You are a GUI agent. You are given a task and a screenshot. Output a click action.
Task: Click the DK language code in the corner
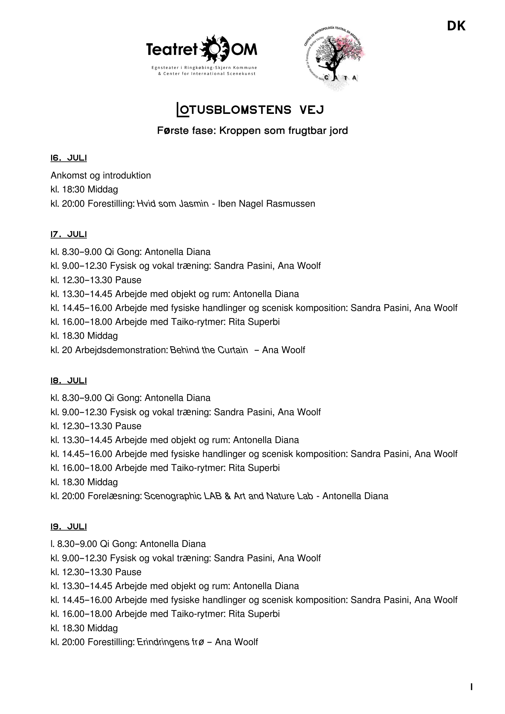tap(456, 26)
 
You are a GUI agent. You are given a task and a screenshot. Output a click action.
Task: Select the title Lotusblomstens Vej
tap(250, 110)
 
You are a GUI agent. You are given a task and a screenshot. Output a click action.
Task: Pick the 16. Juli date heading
tap(69, 158)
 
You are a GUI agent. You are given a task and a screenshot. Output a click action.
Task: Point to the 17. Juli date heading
tap(69, 234)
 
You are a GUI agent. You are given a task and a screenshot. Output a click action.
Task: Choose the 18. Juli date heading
tap(69, 381)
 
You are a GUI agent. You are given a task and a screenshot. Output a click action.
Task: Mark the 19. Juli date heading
tap(69, 527)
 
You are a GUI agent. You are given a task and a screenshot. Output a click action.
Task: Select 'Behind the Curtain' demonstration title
tap(209, 350)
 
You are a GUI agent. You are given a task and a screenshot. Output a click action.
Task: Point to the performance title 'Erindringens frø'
tap(170, 642)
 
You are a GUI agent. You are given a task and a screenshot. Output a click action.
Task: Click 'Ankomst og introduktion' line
tap(101, 176)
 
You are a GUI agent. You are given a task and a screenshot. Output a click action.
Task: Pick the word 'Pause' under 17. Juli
tap(128, 280)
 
